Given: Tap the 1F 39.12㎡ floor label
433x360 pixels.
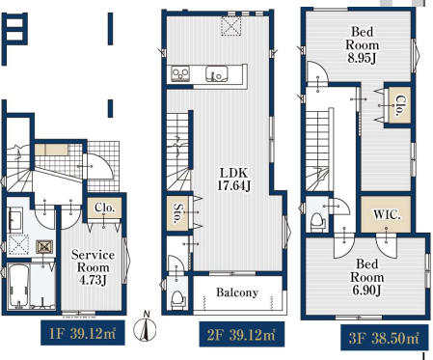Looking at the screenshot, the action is click(83, 333).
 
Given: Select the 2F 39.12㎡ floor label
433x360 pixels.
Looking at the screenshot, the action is click(241, 335).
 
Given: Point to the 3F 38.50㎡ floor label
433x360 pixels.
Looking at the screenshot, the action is click(384, 338).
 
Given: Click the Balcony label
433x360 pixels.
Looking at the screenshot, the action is click(237, 292).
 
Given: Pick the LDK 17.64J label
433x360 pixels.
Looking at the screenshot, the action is click(233, 180).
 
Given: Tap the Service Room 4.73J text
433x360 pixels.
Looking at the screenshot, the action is click(93, 267).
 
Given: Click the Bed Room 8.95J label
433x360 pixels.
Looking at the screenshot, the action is click(362, 45).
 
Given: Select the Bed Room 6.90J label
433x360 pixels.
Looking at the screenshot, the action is click(366, 277).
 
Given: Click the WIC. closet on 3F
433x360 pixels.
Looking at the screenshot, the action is click(386, 214).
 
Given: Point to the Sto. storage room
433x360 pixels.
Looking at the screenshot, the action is click(177, 213).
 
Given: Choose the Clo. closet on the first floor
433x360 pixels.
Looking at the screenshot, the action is click(104, 208).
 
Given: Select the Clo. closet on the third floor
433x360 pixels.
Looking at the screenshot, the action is click(399, 105).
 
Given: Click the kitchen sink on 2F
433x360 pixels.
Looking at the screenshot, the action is click(217, 73).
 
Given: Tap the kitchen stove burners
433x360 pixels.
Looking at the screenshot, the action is click(180, 73).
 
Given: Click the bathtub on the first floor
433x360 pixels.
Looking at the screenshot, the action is click(18, 286).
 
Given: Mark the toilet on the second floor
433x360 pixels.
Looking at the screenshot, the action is click(177, 299).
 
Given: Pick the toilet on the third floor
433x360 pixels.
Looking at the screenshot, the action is click(318, 222).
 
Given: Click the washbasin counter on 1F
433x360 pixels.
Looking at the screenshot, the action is click(15, 220).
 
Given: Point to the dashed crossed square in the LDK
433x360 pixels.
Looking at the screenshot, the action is click(230, 26).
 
